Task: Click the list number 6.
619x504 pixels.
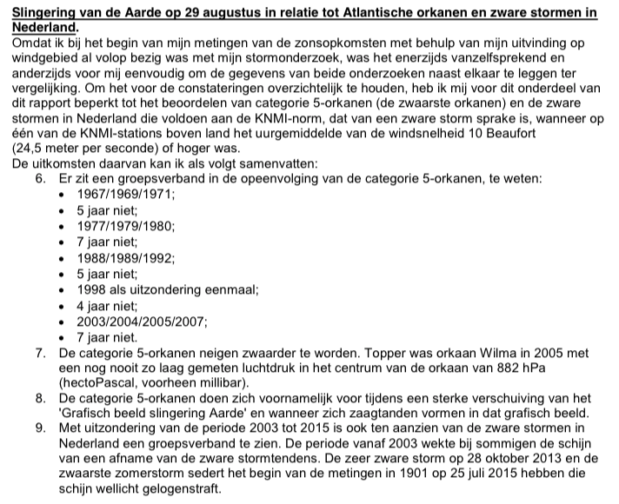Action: [x=41, y=178]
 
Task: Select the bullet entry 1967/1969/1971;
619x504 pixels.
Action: [x=125, y=194]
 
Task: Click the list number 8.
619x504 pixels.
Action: [x=41, y=398]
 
